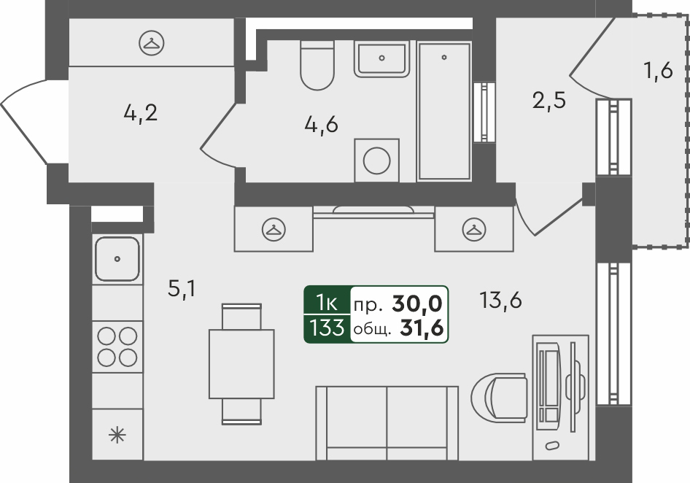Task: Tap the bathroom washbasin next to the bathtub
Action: pos(381,59)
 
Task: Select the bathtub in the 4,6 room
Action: pos(444,110)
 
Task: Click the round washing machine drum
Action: pos(376,161)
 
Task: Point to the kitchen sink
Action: pos(117,259)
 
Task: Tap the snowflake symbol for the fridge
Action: pos(117,436)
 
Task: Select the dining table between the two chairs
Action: pos(241,364)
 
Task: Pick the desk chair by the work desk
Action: pos(499,396)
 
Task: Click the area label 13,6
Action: pos(501,301)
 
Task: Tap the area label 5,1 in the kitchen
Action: pos(182,289)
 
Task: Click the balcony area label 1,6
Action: pos(659,71)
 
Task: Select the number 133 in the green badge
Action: pos(327,328)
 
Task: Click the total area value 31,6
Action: pos(421,328)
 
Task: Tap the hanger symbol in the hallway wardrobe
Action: pos(152,43)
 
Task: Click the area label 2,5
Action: pos(548,101)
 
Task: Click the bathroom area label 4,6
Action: pos(321,125)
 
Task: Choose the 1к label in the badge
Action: pos(327,303)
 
